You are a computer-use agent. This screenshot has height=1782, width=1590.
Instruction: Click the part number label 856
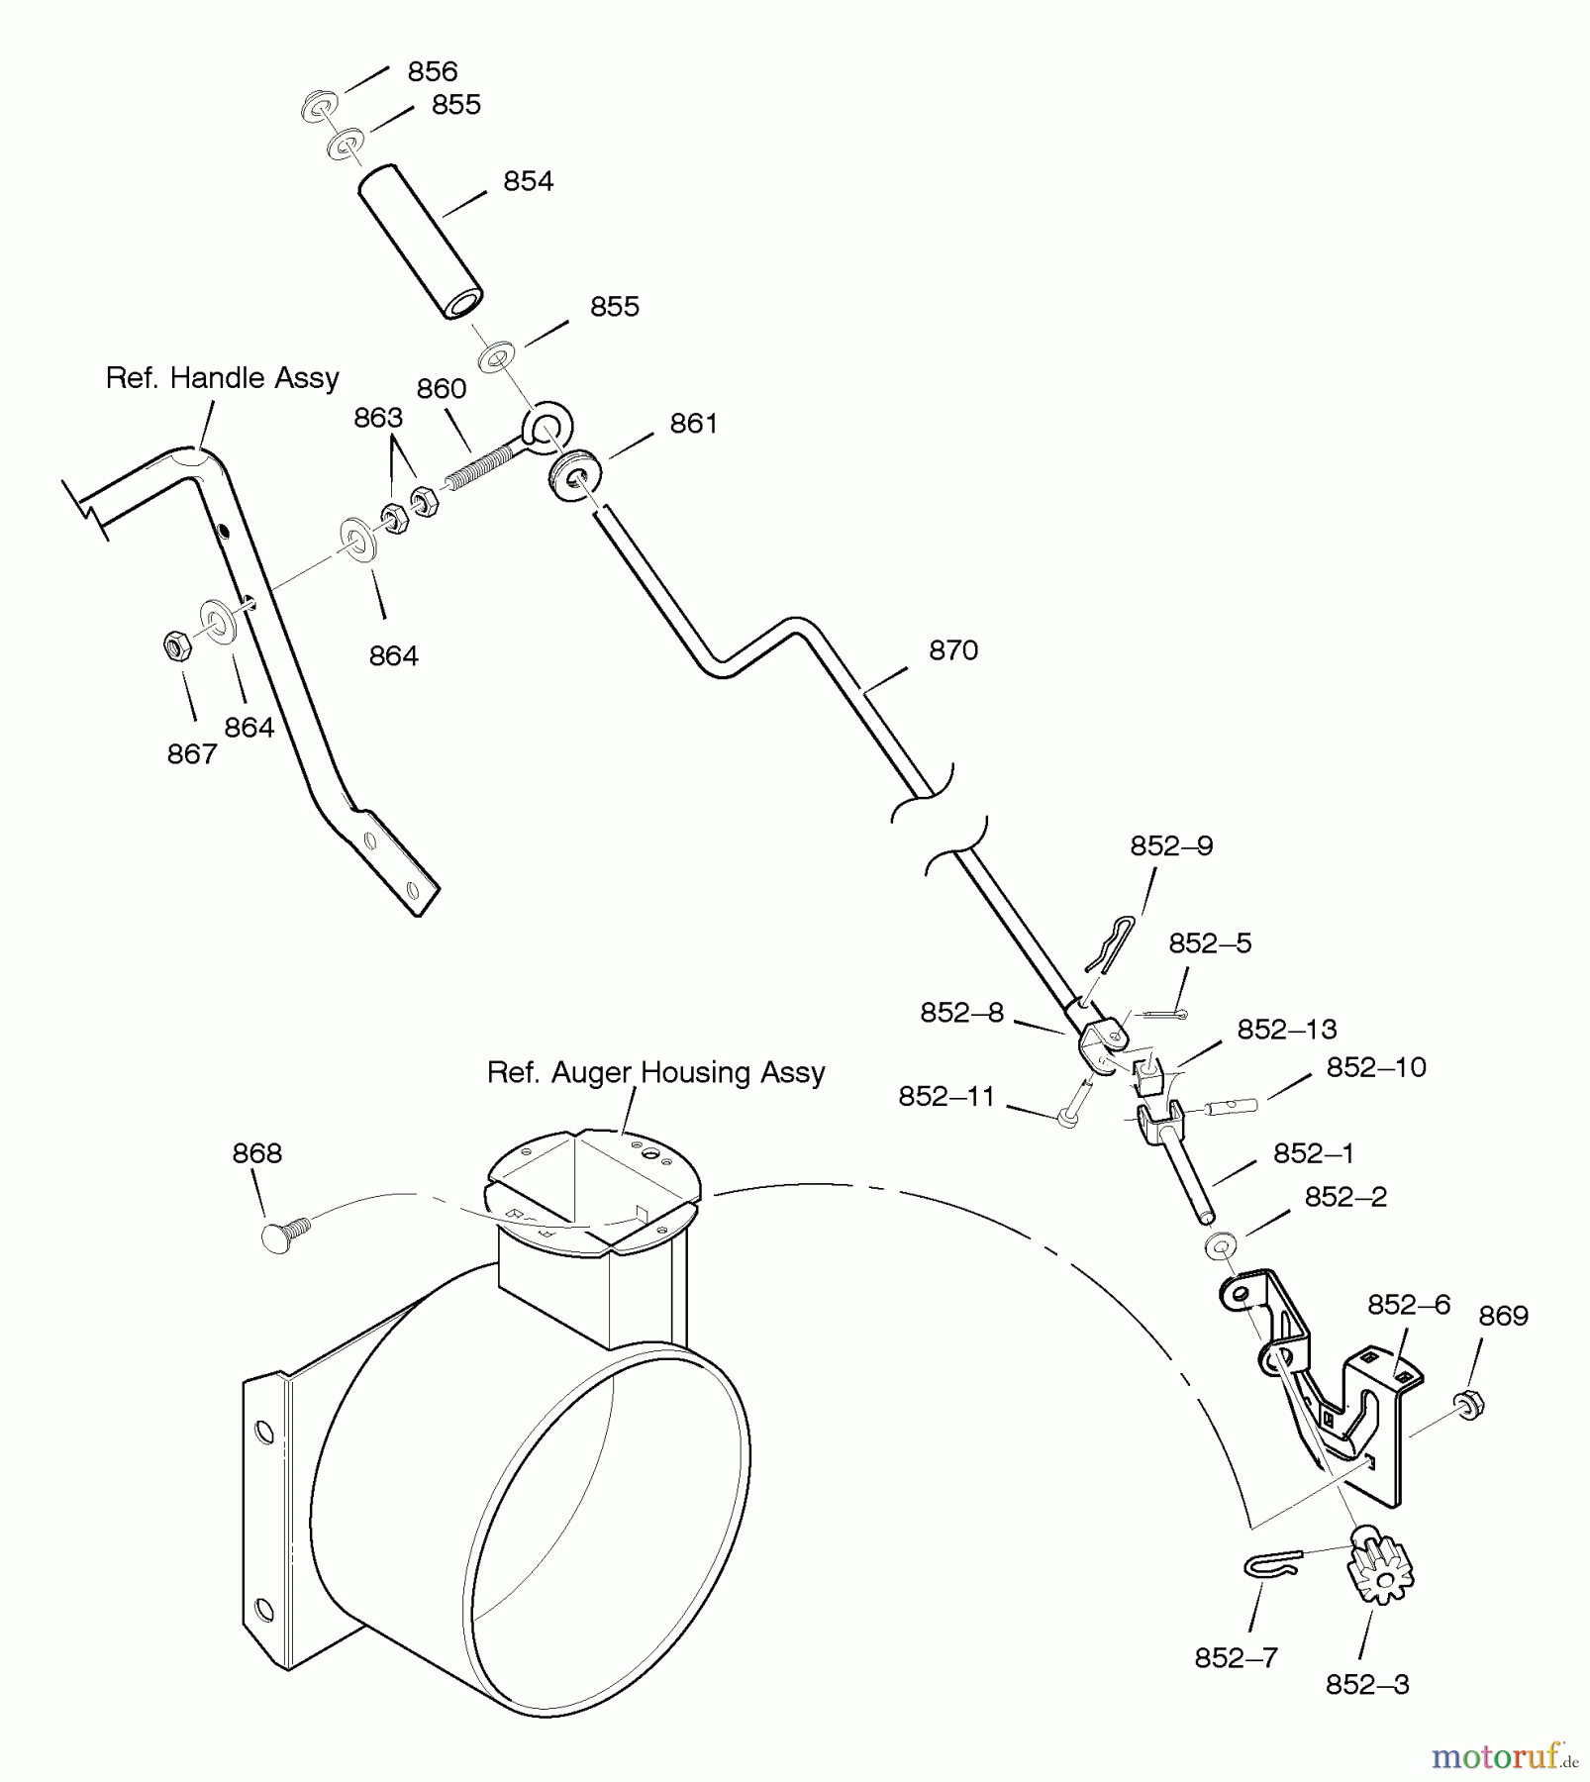click(433, 71)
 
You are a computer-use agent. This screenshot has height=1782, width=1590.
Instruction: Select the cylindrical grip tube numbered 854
click(421, 243)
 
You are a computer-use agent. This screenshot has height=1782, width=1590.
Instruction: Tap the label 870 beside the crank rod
click(953, 650)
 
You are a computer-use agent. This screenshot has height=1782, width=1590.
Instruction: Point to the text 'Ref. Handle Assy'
click(223, 378)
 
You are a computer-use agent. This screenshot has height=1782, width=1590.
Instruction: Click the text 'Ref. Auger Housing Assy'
click(655, 1073)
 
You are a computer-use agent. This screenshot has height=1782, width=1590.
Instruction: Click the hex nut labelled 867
click(176, 646)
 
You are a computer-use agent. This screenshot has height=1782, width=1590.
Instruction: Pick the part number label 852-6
click(1409, 1305)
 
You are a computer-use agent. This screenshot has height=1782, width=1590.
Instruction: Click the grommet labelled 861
click(572, 477)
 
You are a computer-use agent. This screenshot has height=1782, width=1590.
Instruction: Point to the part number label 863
click(378, 418)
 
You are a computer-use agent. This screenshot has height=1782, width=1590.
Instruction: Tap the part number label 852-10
click(1376, 1067)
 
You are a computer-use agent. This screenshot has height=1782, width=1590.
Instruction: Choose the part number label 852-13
click(1287, 1030)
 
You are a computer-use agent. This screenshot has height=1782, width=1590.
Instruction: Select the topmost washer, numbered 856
click(319, 105)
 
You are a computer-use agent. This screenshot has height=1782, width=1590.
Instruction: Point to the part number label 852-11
click(946, 1097)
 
